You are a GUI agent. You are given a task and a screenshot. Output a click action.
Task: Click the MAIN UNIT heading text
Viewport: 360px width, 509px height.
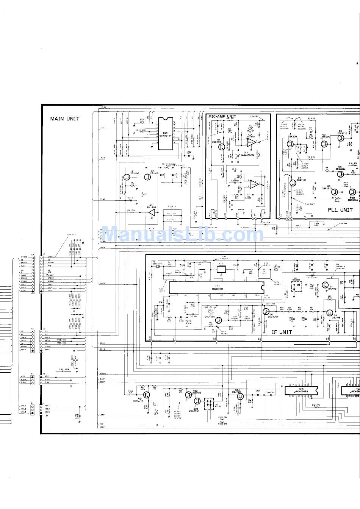(65, 119)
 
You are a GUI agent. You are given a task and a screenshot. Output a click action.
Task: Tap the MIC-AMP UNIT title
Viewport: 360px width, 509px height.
(222, 117)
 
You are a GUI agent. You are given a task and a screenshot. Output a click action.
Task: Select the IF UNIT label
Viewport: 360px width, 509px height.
(282, 332)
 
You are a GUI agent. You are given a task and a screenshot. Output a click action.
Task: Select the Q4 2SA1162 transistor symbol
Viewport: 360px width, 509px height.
(292, 183)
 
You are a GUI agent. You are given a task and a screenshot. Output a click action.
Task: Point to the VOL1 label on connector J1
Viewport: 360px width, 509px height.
(47, 406)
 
